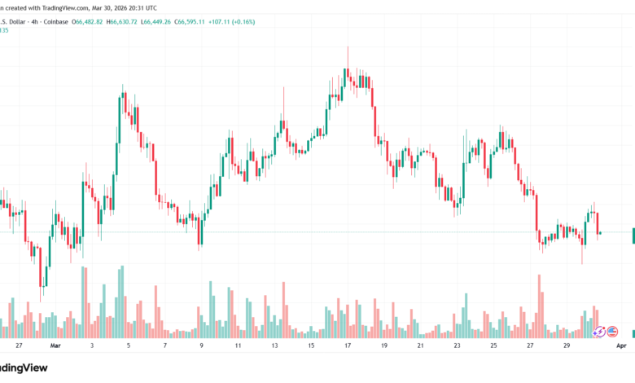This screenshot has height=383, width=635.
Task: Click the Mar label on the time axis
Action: click(x=55, y=346)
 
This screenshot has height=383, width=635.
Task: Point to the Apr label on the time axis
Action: click(x=621, y=346)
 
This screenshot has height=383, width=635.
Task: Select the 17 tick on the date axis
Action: click(x=348, y=346)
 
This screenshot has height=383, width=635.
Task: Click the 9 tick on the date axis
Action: click(x=201, y=346)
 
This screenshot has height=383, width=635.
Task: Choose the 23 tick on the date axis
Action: click(x=457, y=346)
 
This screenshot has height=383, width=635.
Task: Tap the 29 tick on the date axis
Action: click(x=566, y=346)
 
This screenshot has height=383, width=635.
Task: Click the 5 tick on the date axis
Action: click(x=129, y=346)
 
